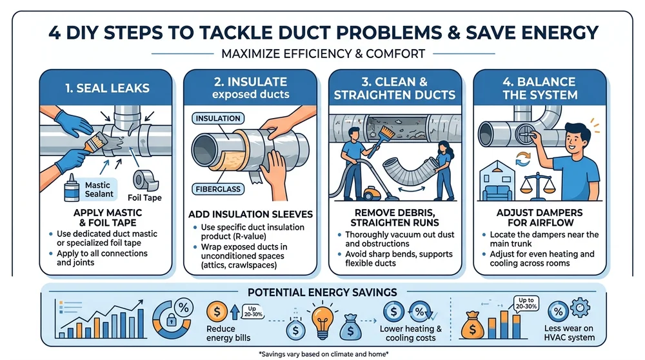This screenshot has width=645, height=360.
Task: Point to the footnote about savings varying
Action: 322,354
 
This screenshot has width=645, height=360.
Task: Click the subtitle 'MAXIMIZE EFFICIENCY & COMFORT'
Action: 323,54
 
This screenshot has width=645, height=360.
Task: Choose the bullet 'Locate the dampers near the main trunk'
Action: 543,239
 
